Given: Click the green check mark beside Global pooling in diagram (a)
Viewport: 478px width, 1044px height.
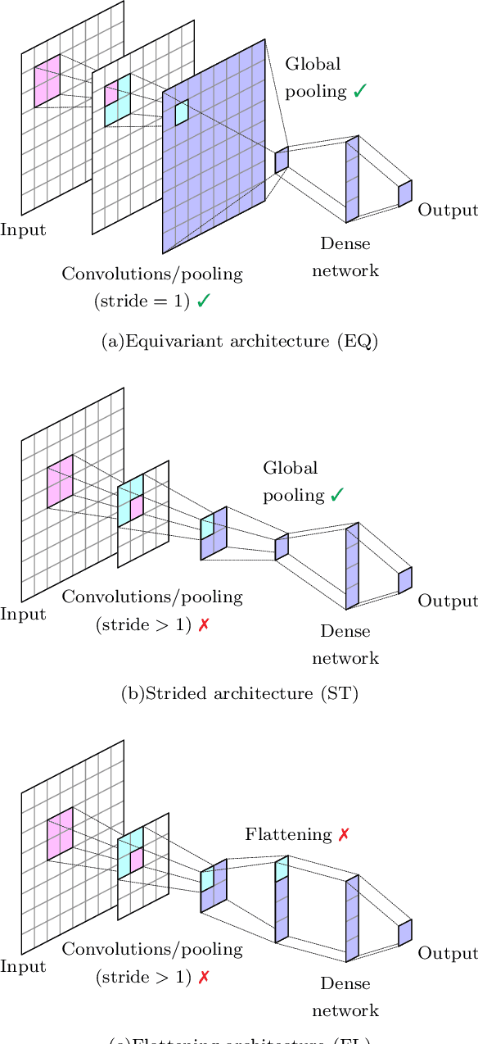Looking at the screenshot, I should tap(359, 91).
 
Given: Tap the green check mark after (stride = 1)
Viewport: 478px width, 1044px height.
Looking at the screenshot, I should tap(204, 301).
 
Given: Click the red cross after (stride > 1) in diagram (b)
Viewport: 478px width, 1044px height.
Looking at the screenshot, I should tap(204, 624).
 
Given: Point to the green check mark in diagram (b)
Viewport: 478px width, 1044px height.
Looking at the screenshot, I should tap(337, 494).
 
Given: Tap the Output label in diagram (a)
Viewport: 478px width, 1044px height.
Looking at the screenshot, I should tap(448, 210).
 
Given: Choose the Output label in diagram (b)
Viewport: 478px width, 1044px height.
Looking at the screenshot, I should tap(448, 601).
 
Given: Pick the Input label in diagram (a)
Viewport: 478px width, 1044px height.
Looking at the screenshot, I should tap(23, 229).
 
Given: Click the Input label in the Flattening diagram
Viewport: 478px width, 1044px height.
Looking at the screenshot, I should tap(23, 967).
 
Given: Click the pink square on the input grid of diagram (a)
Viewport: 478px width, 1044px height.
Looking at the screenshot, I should tap(47, 81).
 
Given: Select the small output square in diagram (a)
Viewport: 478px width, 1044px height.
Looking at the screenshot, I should tap(404, 193).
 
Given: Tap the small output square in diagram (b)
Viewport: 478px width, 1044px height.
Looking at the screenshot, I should tap(404, 580).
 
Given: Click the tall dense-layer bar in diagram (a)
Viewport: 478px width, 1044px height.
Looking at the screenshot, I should tap(352, 179).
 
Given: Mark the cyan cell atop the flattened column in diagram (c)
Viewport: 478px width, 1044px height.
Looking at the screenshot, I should tap(282, 869).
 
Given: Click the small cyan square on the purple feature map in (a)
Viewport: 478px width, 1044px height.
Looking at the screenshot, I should tap(181, 112).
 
